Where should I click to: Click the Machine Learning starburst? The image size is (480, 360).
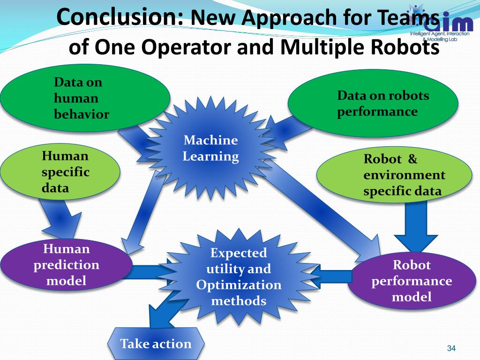[x=210, y=148]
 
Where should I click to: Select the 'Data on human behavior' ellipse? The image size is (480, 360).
[x=84, y=98]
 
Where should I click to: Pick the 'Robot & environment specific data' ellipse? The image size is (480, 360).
[x=394, y=175]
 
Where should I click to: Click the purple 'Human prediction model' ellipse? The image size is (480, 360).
[x=66, y=264]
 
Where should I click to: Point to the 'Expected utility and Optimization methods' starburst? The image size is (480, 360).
[x=239, y=277]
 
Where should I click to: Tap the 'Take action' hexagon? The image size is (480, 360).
[x=156, y=344]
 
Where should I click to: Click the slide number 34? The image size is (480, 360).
[x=451, y=348]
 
